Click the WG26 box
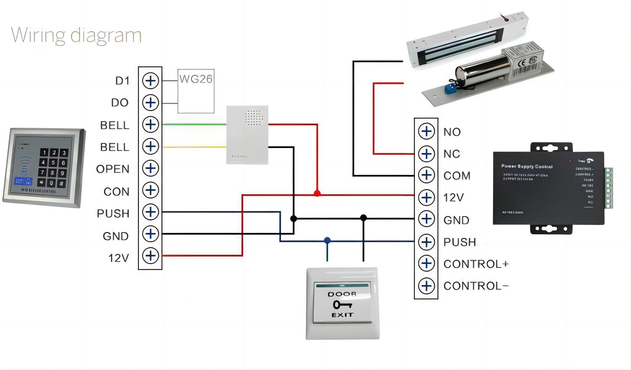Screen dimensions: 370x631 196,91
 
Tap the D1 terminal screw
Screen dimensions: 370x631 150,81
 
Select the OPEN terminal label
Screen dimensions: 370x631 113,169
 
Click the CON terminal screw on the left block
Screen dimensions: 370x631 150,190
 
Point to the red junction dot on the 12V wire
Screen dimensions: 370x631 317,193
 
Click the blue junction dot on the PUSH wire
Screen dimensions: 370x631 327,240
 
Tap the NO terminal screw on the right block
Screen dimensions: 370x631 426,131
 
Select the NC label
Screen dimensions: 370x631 452,154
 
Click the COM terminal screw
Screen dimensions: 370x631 426,175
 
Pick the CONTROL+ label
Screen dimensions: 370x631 476,264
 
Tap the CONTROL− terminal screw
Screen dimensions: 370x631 426,286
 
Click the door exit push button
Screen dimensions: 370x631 342,303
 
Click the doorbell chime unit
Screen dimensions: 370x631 247,135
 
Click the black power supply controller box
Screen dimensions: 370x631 549,188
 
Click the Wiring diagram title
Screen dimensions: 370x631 76,35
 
